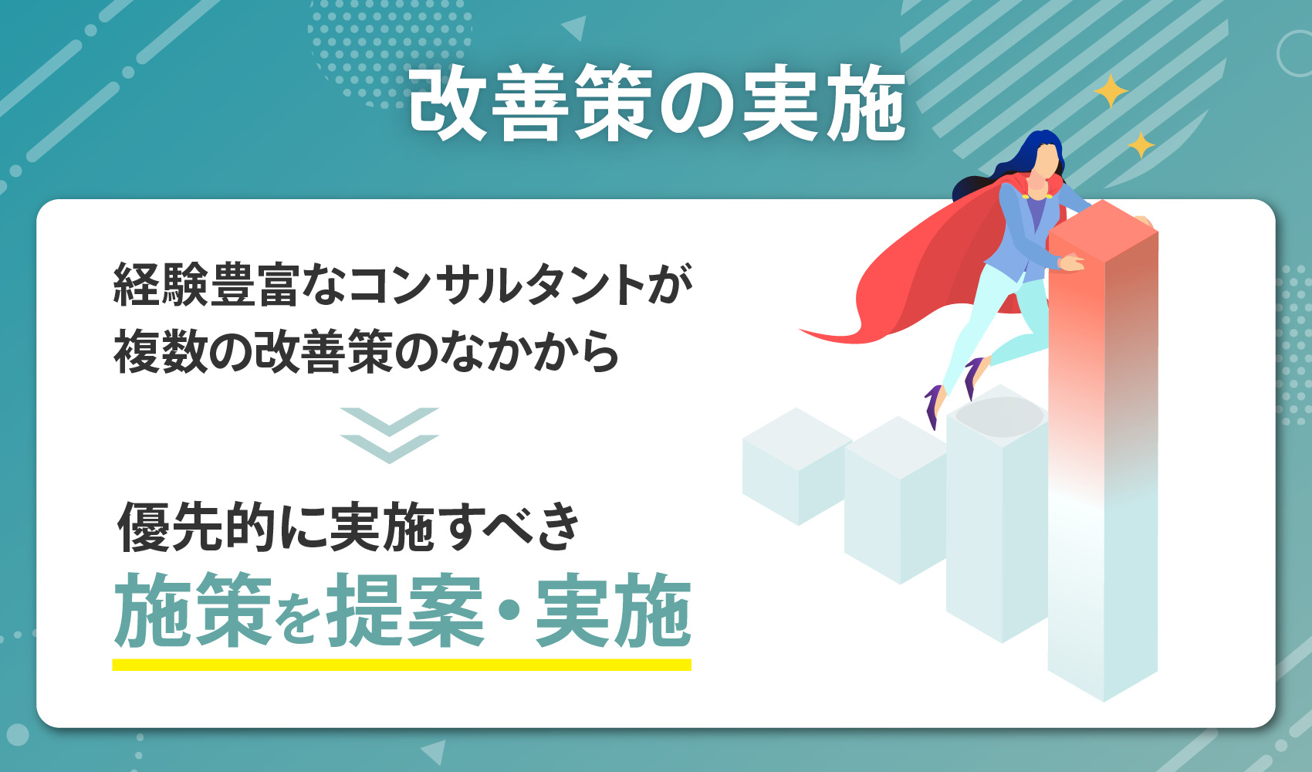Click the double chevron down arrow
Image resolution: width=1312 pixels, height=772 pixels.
(x=389, y=435)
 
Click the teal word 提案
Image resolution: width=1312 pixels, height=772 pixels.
(x=406, y=611)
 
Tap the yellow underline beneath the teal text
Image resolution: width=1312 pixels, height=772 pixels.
(x=401, y=665)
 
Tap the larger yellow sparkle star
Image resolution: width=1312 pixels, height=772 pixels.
(x=1111, y=91)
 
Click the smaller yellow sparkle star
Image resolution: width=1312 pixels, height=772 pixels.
(x=1141, y=144)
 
